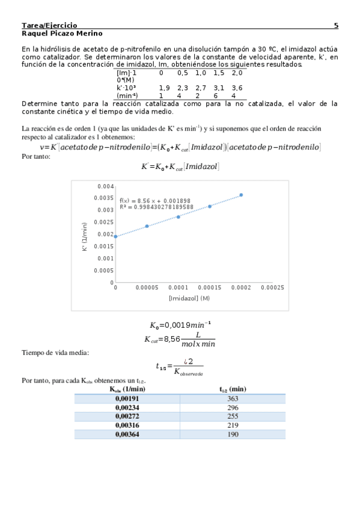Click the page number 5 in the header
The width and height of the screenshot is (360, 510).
[335, 26]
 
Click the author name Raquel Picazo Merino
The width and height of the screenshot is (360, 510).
[62, 34]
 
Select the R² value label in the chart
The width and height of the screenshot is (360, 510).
[156, 207]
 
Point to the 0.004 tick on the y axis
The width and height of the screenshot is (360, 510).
[106, 186]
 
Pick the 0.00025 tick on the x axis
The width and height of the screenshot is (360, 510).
[273, 288]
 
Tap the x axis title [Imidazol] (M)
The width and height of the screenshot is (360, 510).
[189, 298]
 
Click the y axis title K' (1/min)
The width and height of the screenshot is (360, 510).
[85, 235]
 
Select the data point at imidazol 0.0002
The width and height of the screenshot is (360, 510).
[242, 195]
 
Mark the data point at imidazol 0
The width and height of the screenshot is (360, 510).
[115, 236]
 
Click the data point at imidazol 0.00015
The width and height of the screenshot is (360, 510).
[210, 206]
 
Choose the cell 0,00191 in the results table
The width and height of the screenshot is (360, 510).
[127, 398]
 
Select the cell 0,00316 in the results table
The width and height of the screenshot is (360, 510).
[127, 425]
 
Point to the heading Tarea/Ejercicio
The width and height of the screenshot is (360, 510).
[49, 26]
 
